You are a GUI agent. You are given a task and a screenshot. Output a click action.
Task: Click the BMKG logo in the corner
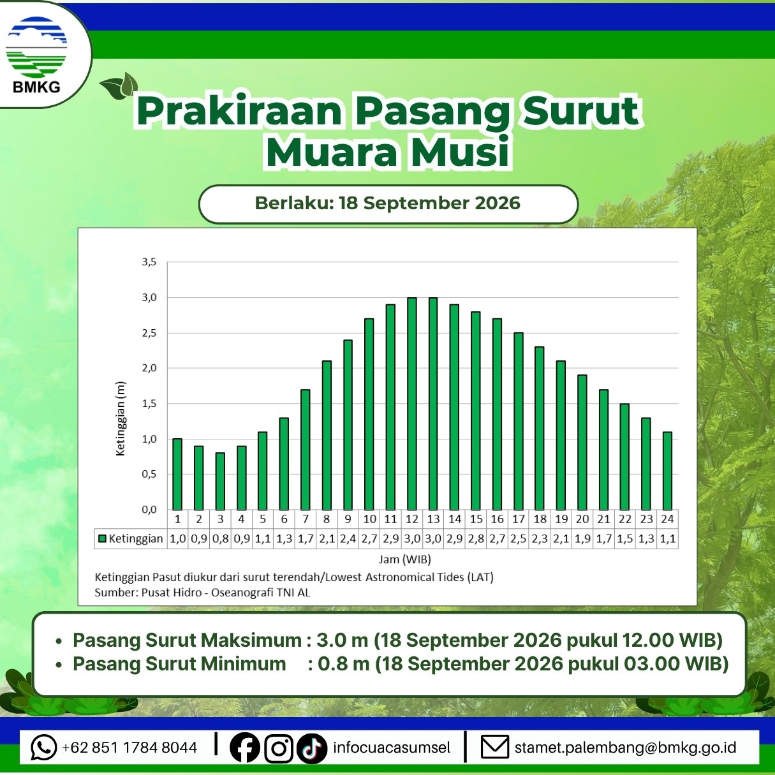[x=36, y=54]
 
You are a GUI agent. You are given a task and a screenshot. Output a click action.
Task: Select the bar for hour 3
[x=220, y=482]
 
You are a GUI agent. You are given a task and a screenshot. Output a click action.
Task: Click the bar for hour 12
[x=412, y=404]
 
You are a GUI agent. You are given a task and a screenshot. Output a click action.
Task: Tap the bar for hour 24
[x=667, y=471]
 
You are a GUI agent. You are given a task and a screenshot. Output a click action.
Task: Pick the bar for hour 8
[x=327, y=436]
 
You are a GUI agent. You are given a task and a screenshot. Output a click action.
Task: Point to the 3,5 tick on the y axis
[x=149, y=262]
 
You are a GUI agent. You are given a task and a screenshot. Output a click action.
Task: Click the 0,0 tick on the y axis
[x=149, y=510]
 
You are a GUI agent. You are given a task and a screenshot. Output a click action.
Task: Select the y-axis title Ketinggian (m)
[x=121, y=418]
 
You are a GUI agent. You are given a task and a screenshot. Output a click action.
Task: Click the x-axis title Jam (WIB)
[x=404, y=559]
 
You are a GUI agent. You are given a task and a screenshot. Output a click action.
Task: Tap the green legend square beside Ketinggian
[x=103, y=538]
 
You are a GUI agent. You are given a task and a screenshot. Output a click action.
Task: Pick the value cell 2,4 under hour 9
[x=348, y=538]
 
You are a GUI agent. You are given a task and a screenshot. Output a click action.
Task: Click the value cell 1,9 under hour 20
[x=582, y=538]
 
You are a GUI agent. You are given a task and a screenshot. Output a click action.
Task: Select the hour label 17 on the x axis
[x=519, y=519]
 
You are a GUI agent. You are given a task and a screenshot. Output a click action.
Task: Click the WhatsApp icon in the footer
[x=43, y=747]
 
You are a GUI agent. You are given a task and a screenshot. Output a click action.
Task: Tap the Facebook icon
[x=244, y=747]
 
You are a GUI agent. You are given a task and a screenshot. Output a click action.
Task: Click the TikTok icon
[x=312, y=748]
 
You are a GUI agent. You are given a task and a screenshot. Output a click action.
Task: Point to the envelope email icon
[x=495, y=747]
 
